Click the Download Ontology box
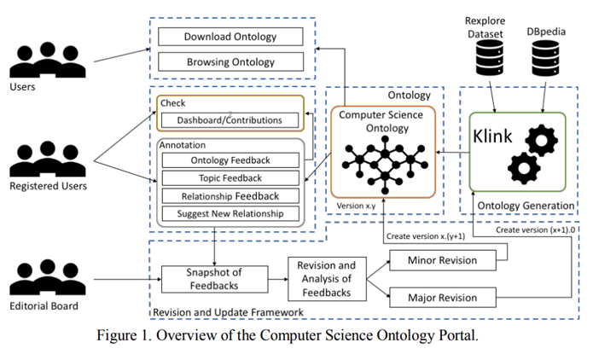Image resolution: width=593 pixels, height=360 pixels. pyautogui.click(x=230, y=37)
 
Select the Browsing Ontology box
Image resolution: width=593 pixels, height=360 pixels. pyautogui.click(x=230, y=62)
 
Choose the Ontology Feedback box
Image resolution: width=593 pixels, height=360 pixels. pyautogui.click(x=230, y=160)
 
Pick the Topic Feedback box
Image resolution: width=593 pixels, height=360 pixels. pyautogui.click(x=230, y=177)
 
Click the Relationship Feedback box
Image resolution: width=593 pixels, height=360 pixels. pyautogui.click(x=230, y=195)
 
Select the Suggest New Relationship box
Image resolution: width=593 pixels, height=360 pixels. pyautogui.click(x=230, y=213)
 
